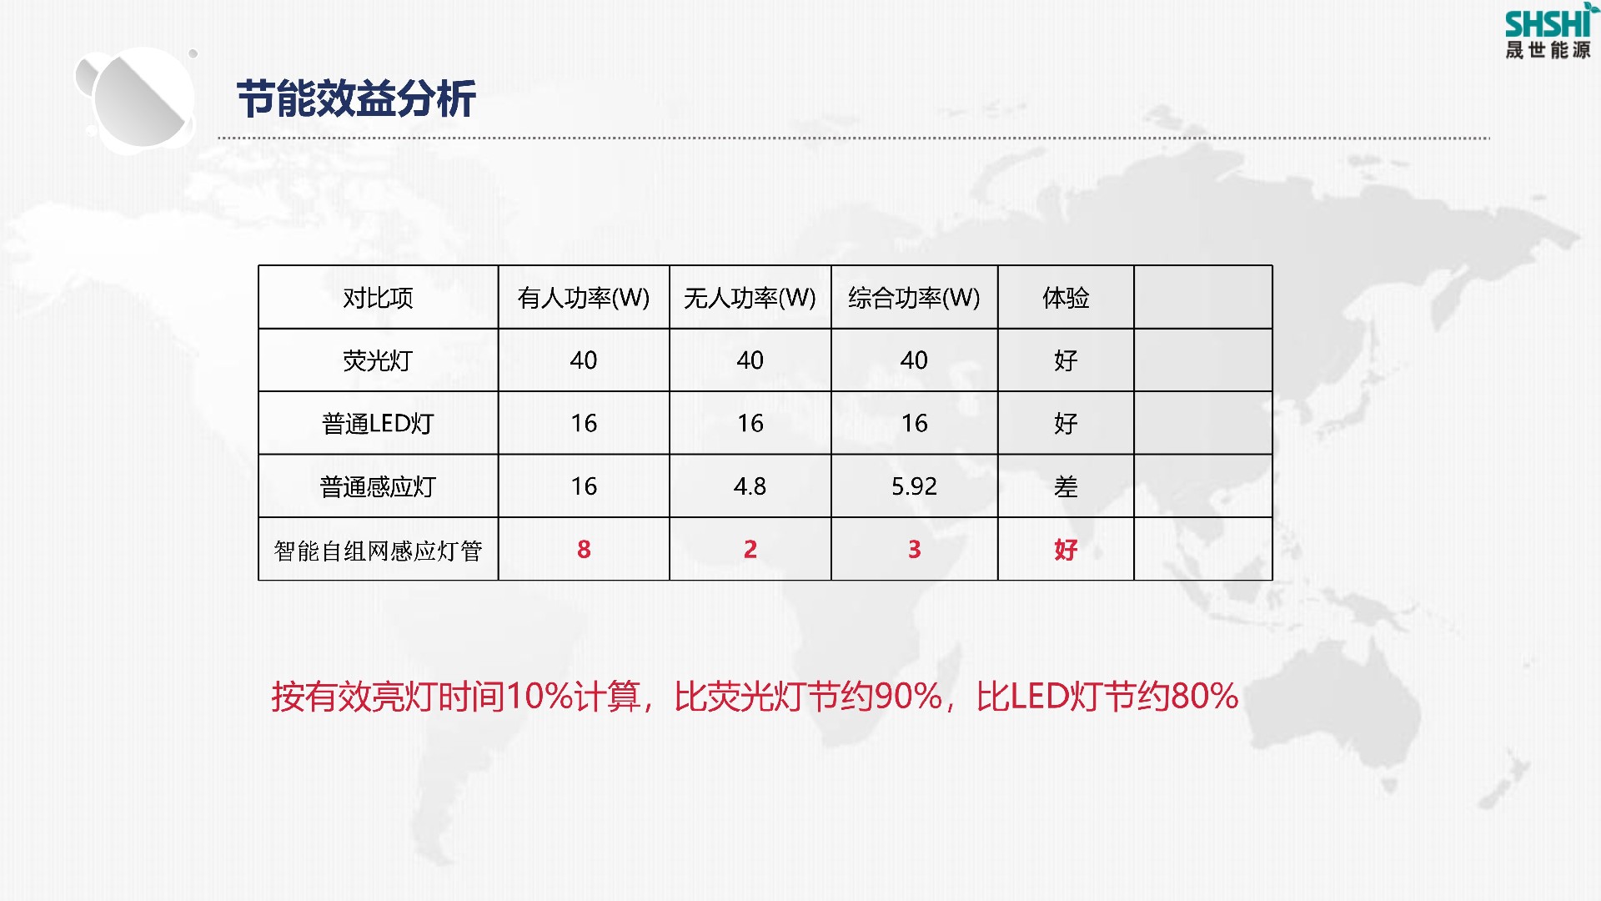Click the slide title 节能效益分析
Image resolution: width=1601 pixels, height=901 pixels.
coord(356,99)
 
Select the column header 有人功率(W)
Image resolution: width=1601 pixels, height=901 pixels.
coord(584,298)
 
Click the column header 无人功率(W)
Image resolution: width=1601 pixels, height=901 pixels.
coord(750,298)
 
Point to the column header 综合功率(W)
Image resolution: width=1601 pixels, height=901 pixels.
coord(914,298)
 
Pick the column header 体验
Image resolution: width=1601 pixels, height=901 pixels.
coord(1066,298)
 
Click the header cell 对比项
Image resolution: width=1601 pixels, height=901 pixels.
coord(378,298)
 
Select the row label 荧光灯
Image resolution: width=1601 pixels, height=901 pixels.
coord(378,360)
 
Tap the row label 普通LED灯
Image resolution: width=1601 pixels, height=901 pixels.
coord(378,424)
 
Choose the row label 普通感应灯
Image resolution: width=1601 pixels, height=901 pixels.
coord(378,486)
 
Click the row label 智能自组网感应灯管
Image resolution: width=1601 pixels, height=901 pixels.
coord(378,551)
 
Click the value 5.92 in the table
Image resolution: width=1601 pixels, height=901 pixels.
coord(914,486)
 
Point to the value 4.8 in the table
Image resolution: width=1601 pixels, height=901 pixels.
coord(750,486)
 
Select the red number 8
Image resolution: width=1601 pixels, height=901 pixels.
coord(584,549)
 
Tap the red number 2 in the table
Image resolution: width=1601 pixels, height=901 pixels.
coord(750,549)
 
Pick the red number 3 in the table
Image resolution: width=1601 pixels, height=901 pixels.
coord(915,549)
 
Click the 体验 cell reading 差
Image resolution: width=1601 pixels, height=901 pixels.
coord(1066,486)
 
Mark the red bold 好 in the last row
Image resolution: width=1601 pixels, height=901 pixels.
coord(1066,549)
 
